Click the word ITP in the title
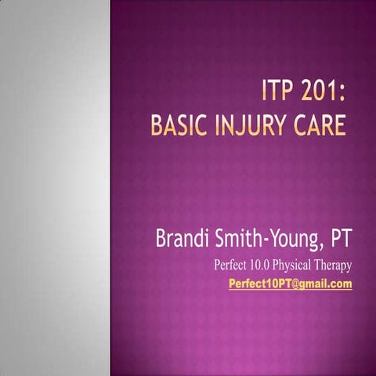point(278,102)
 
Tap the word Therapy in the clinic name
point(334,265)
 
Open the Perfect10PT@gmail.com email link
point(290,284)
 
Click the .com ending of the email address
point(339,284)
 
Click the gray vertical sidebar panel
point(55,188)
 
